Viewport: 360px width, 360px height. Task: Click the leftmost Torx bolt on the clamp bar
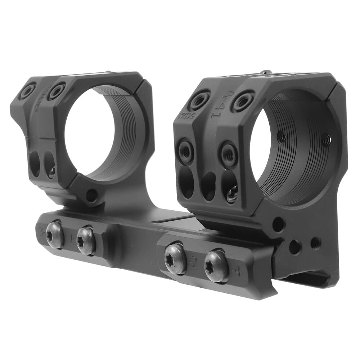click(x=55, y=235)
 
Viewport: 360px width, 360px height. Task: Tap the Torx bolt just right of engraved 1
click(x=86, y=240)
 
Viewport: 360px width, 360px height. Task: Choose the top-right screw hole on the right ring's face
click(x=243, y=100)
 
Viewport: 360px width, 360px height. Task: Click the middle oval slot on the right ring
click(x=208, y=186)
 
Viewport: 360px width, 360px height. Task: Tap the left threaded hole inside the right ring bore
click(x=282, y=136)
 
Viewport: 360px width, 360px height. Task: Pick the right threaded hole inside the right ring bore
click(x=326, y=140)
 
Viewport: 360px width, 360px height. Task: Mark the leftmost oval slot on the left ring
click(x=35, y=164)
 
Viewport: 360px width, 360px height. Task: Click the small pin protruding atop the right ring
click(x=266, y=72)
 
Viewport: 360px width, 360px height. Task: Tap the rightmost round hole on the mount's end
click(x=315, y=243)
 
